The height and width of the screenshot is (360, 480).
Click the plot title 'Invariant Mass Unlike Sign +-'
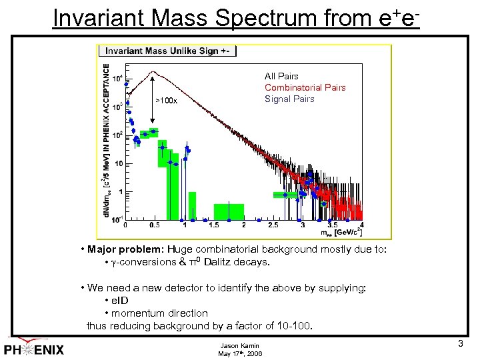pyautogui.click(x=167, y=51)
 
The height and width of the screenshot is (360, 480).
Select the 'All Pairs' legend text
pyautogui.click(x=281, y=76)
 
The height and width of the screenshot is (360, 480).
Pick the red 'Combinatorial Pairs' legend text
pyautogui.click(x=305, y=87)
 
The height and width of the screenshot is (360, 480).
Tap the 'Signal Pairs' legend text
pyautogui.click(x=289, y=99)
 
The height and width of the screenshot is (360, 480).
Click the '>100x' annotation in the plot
pyautogui.click(x=167, y=100)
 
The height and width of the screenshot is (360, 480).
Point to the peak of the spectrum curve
pyautogui.click(x=154, y=71)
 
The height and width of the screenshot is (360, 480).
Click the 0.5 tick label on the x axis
pyautogui.click(x=155, y=225)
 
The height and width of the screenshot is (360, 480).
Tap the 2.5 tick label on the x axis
pyautogui.click(x=273, y=225)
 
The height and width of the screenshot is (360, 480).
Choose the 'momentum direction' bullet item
pyautogui.click(x=156, y=313)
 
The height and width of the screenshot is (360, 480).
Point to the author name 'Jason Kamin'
pyautogui.click(x=239, y=345)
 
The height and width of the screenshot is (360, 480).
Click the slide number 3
pyautogui.click(x=460, y=344)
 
